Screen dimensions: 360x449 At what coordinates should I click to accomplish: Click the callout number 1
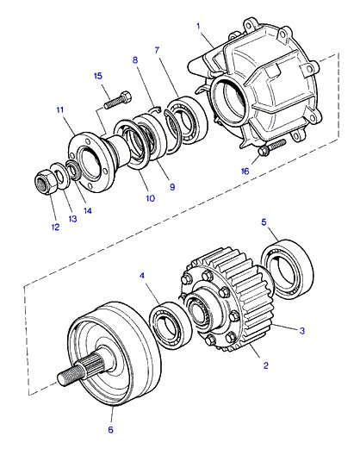198,27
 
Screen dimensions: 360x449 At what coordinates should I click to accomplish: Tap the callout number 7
157,50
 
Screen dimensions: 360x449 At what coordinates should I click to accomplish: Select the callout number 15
98,76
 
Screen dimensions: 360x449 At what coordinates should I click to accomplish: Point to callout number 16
245,171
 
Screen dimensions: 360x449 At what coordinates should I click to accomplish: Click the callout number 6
111,430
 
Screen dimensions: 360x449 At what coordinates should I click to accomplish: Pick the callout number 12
55,227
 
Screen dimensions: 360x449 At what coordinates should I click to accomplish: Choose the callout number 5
264,222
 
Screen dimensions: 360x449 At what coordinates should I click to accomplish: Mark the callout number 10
151,198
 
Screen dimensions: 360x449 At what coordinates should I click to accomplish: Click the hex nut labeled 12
45,183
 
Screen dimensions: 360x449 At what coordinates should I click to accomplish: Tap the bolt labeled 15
117,100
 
